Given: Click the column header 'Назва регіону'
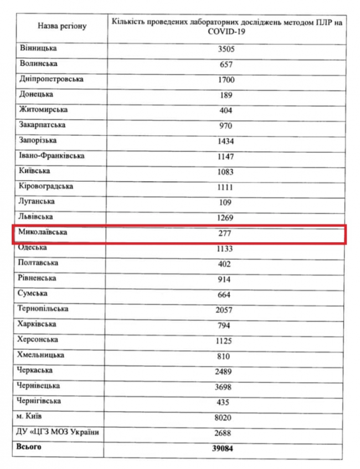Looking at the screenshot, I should [62, 26].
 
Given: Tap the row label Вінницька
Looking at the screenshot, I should [38, 49].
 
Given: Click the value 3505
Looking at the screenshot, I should [225, 49].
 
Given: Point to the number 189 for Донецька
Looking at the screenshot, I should [225, 95].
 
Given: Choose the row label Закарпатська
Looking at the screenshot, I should [43, 125].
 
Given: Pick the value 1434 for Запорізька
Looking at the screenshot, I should [225, 141].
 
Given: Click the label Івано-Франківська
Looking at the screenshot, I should [52, 156].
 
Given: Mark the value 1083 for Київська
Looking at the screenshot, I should [225, 172].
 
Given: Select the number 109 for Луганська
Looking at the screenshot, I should [225, 202].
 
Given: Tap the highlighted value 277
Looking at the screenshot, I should [225, 234].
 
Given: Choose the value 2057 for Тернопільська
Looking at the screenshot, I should [225, 310].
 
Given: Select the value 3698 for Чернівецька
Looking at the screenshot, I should [225, 387].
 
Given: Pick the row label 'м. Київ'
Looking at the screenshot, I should [34, 416].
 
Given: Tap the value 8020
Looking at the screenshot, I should [225, 417].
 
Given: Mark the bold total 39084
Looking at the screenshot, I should [225, 448].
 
